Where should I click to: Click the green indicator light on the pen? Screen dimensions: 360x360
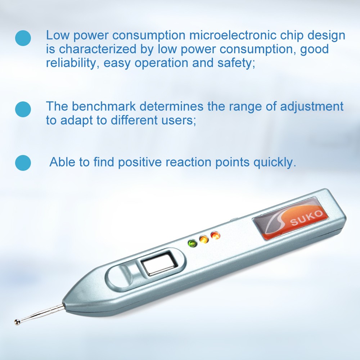[191, 244]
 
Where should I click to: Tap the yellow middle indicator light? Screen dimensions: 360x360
[203, 239]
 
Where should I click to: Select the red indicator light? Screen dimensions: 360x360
[215, 235]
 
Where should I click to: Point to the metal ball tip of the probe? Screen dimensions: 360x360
[17, 321]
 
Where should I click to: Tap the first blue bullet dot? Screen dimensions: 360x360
[23, 38]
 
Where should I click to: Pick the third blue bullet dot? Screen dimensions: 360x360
[23, 162]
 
